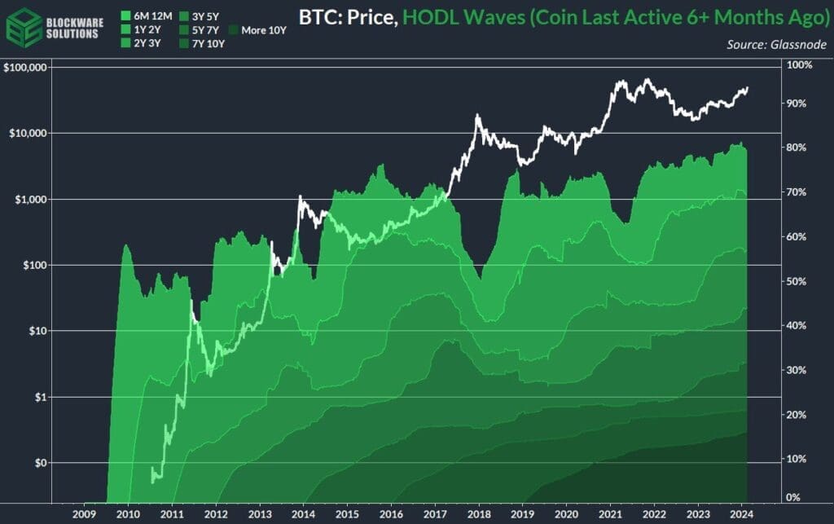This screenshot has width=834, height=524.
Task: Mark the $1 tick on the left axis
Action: tap(37, 397)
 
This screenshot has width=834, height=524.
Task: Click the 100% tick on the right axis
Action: tap(799, 64)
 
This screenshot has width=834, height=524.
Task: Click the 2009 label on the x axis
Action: tap(85, 513)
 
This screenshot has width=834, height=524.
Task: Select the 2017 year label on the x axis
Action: tap(436, 513)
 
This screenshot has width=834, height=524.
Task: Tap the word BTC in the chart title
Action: tap(321, 16)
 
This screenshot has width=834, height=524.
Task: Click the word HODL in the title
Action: tap(430, 16)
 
